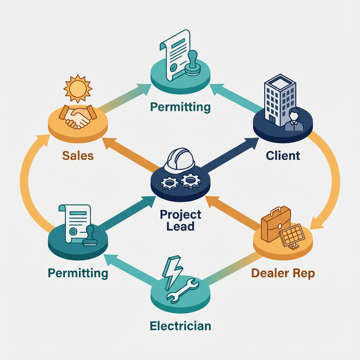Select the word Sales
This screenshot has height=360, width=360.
tap(78, 155)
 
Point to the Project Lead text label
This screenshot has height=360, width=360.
tap(180, 220)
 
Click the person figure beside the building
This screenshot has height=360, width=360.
tap(293, 120)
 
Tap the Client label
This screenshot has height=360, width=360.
tap(283, 155)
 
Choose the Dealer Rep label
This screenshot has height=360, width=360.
tap(283, 273)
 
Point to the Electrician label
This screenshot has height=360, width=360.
tap(180, 326)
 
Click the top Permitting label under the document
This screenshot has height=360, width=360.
tap(180, 107)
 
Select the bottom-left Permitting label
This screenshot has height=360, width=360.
tap(78, 273)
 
